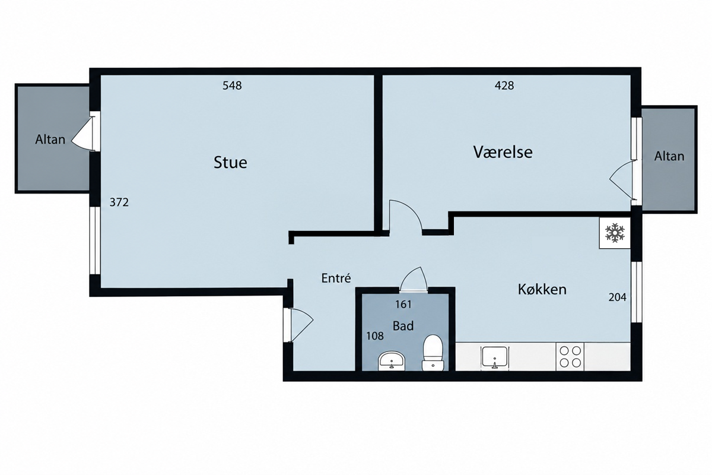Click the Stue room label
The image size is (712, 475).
pos(230,162)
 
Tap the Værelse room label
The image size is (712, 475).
pos(503,152)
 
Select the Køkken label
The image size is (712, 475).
pos(542,289)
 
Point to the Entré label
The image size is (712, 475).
pos(336,278)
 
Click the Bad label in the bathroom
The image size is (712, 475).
pos(403,326)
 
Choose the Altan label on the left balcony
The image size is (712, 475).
pos(50,140)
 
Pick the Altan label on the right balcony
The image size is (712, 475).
pos(669,156)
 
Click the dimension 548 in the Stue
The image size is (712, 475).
pos(232,85)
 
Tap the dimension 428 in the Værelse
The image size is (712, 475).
pos(504,85)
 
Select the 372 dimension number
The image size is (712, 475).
pos(119,202)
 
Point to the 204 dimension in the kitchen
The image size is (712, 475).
pos(617,297)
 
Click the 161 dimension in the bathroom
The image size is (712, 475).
pos(403,305)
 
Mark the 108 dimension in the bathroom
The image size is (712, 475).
pos(375,335)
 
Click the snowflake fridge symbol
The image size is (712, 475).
pos(615,233)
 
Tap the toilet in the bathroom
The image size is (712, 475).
pos(433,353)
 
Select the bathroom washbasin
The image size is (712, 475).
pos(392,361)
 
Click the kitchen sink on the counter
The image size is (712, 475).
pos(495,357)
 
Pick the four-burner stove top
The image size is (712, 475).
pos(570,357)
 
